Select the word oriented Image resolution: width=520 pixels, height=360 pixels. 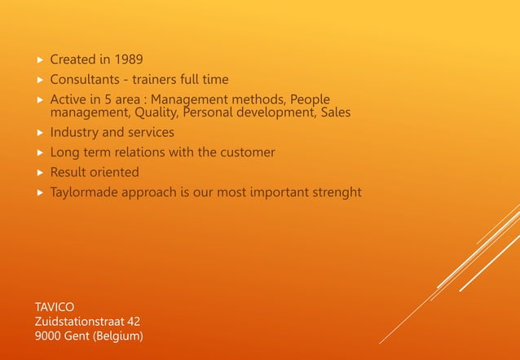[x=115, y=173]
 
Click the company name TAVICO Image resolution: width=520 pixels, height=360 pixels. [x=55, y=307]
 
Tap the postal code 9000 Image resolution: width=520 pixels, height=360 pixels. [x=49, y=336]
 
